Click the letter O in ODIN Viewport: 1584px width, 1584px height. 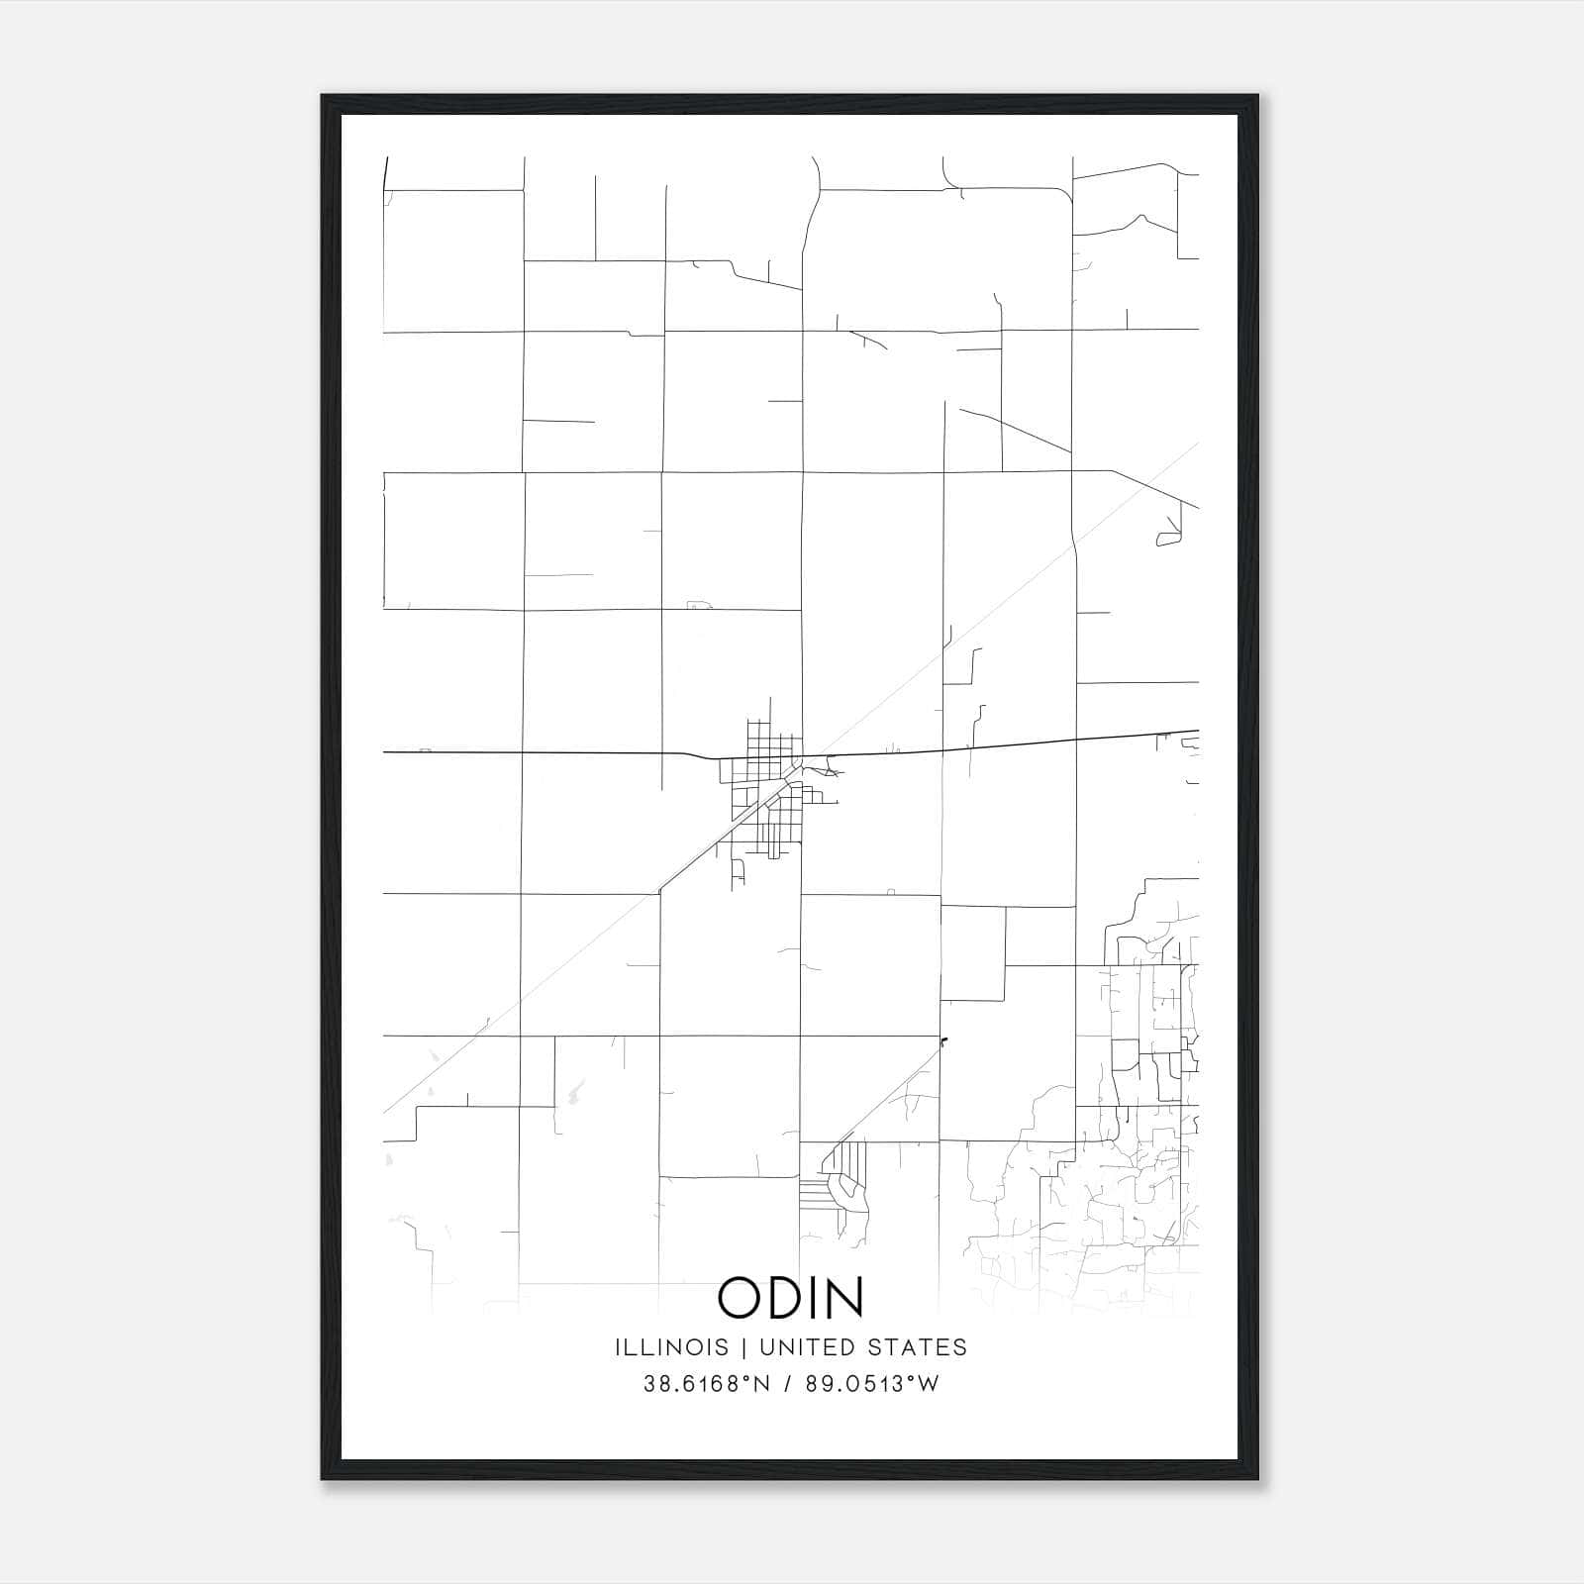739,1297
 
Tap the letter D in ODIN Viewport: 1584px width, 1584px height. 788,1297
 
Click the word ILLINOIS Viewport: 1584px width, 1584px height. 671,1346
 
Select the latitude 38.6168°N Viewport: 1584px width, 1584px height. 707,1384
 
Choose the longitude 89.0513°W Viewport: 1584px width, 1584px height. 870,1384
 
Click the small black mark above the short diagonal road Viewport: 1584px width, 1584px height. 943,1040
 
